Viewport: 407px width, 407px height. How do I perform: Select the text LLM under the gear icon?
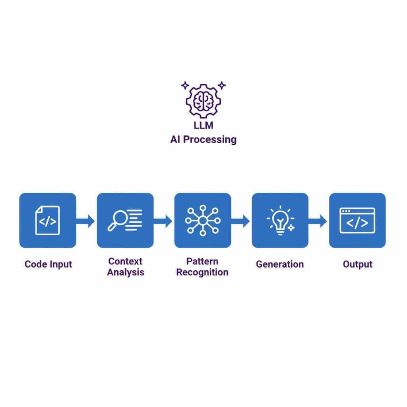click(203, 126)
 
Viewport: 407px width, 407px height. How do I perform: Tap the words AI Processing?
click(203, 140)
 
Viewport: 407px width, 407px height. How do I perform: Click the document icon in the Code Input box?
click(47, 221)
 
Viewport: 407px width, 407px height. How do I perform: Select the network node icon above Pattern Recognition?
click(203, 221)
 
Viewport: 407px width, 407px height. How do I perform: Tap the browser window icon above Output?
click(357, 221)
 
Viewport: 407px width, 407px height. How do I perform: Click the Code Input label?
click(48, 264)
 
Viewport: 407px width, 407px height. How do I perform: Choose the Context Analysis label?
click(125, 267)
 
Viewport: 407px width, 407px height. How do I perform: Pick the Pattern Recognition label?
click(202, 267)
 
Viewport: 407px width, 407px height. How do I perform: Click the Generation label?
click(279, 264)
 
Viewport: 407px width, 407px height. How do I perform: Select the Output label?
click(357, 264)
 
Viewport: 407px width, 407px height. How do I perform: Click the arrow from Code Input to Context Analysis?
click(86, 221)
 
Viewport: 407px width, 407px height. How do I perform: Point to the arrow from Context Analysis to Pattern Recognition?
click(163, 221)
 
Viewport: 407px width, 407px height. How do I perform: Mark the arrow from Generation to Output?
click(318, 221)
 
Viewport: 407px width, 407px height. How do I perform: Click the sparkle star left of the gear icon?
click(184, 85)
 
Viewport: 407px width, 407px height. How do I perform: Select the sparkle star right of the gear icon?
click(222, 85)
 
